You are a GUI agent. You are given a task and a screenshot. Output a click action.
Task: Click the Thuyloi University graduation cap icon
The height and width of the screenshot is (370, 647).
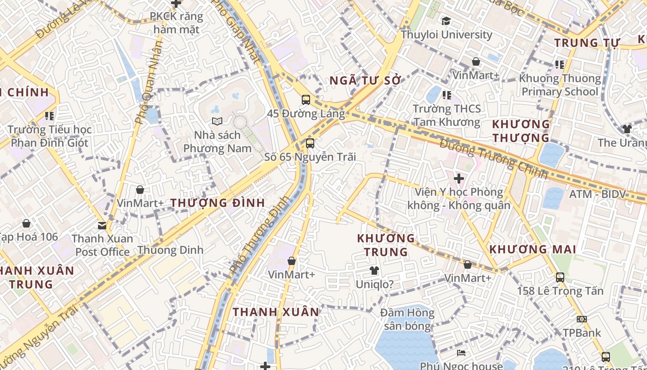(446, 21)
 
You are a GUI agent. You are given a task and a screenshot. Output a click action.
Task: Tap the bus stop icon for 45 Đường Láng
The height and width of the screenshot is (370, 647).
(306, 99)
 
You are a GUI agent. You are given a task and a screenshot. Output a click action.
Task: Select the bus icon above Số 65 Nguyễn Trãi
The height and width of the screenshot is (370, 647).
(310, 143)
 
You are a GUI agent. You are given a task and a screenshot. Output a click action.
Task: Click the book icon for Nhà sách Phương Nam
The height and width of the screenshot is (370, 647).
(217, 121)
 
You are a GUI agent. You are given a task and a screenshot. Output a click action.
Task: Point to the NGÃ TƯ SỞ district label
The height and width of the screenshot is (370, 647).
(365, 80)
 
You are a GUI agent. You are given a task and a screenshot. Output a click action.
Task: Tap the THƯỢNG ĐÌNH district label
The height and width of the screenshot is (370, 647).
(218, 203)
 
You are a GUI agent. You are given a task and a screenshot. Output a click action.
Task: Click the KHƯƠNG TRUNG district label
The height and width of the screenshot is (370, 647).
(386, 245)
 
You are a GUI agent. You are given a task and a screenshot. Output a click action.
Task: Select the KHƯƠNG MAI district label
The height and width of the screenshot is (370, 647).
(532, 250)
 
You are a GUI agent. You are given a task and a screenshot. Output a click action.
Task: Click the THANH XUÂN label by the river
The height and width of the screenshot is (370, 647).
(276, 312)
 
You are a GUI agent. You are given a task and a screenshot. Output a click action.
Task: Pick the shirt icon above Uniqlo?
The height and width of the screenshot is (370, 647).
(374, 271)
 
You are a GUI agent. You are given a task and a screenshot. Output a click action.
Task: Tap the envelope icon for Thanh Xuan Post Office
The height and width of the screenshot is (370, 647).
(102, 226)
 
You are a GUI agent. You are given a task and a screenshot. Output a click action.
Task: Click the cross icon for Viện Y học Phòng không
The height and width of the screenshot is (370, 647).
(458, 179)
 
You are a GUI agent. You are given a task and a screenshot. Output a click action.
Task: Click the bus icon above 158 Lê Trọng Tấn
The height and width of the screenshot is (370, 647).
(560, 277)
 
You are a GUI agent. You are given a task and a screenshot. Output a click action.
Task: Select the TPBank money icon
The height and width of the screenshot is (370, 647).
(582, 319)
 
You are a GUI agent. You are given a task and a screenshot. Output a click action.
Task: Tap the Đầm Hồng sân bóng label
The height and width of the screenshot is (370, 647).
(408, 320)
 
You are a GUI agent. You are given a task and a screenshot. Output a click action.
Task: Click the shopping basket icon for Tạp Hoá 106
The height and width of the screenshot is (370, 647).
(26, 224)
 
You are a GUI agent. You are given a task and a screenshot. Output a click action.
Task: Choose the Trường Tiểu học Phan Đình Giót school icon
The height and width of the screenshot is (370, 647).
(49, 116)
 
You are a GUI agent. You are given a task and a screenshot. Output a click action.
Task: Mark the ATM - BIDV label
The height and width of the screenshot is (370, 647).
(597, 194)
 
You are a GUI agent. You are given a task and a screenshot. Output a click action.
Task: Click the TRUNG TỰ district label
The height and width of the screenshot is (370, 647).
(586, 43)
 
